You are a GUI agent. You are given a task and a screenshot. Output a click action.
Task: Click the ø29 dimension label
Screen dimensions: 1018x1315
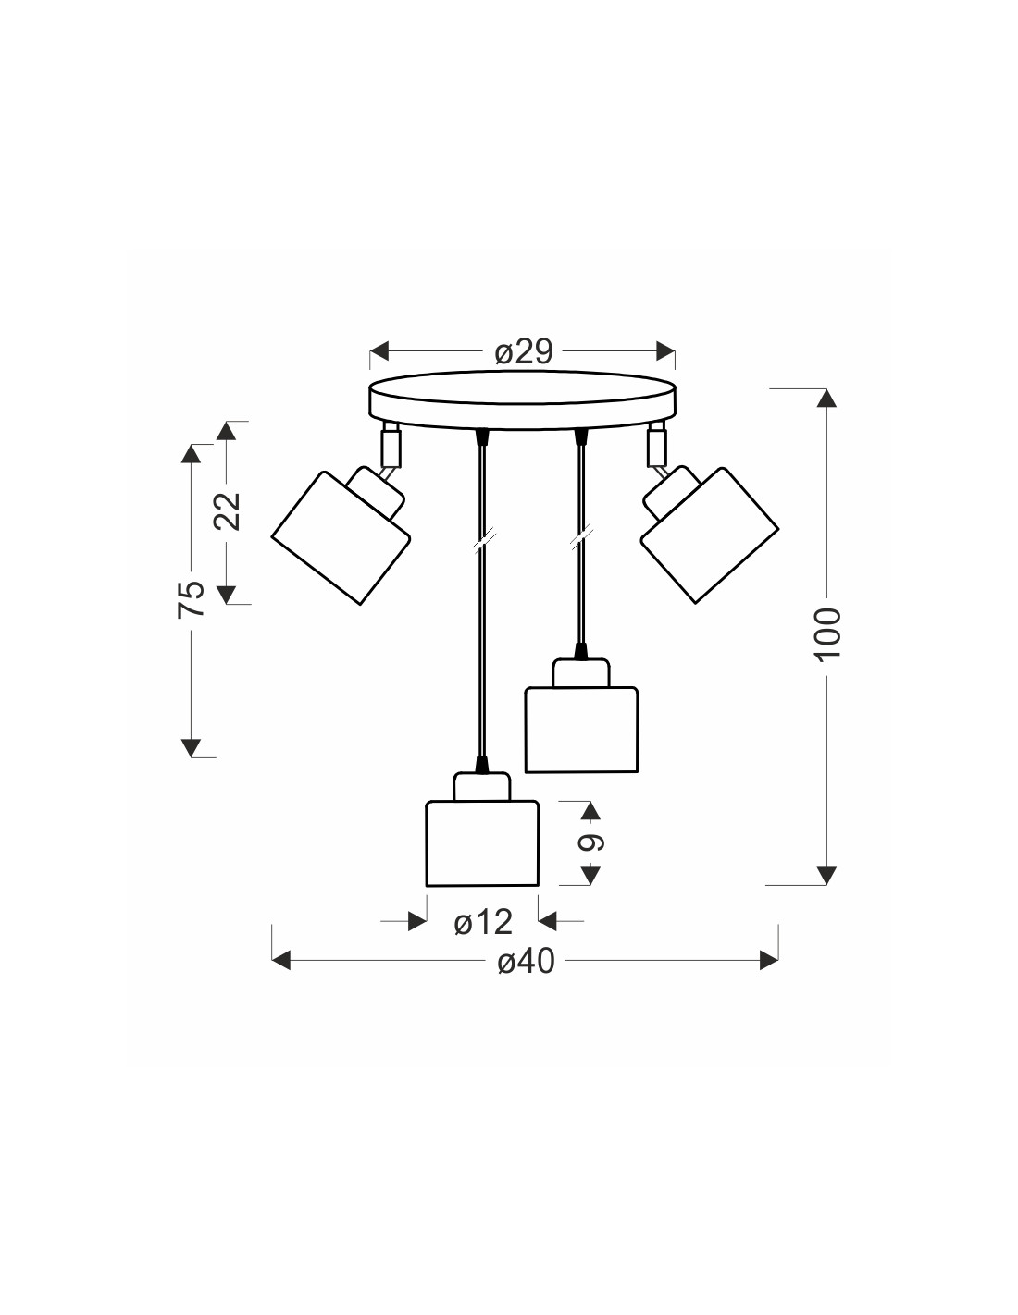[x=524, y=351]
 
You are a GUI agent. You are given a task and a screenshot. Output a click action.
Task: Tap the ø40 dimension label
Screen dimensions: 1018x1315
[x=526, y=961]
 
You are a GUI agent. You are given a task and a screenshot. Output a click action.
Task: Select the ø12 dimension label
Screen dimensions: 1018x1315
[x=483, y=922]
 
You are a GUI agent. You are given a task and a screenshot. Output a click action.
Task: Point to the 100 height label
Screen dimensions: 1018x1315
[x=828, y=634]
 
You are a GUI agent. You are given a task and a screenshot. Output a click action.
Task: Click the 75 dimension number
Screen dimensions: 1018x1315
[x=192, y=599]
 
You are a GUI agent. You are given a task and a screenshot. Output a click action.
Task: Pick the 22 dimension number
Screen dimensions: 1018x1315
[x=228, y=511]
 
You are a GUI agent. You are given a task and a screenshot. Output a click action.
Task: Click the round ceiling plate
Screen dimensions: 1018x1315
[x=523, y=400]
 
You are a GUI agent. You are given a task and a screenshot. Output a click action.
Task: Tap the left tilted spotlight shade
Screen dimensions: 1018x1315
[x=341, y=538]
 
